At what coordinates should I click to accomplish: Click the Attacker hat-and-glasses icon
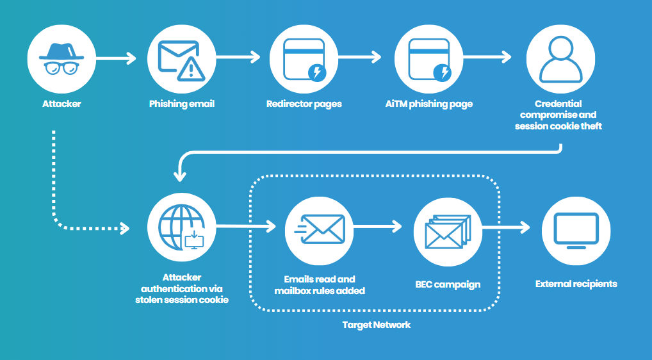coord(61,59)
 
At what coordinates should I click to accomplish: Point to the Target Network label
coord(377,325)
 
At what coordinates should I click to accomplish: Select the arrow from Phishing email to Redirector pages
coord(238,58)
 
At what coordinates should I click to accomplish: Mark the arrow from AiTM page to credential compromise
coord(487,58)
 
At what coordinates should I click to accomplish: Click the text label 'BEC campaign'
coord(448,284)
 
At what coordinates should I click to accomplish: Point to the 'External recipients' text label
coord(576,283)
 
